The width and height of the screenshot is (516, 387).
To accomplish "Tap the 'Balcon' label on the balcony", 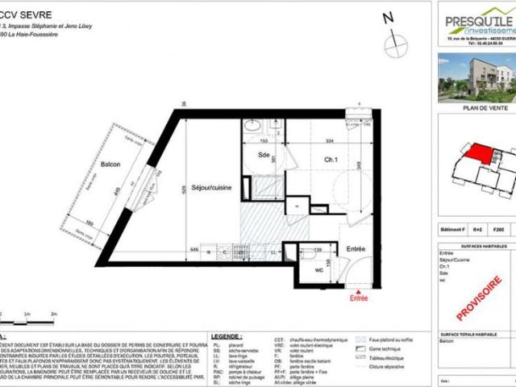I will click(110, 164).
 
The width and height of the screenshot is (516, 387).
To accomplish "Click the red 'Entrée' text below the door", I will click(358, 298).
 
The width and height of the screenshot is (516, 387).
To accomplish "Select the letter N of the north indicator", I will click(388, 17).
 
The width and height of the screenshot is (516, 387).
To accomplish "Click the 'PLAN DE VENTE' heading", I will click(477, 106).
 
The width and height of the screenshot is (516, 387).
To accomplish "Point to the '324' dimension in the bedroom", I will click(329, 141).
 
